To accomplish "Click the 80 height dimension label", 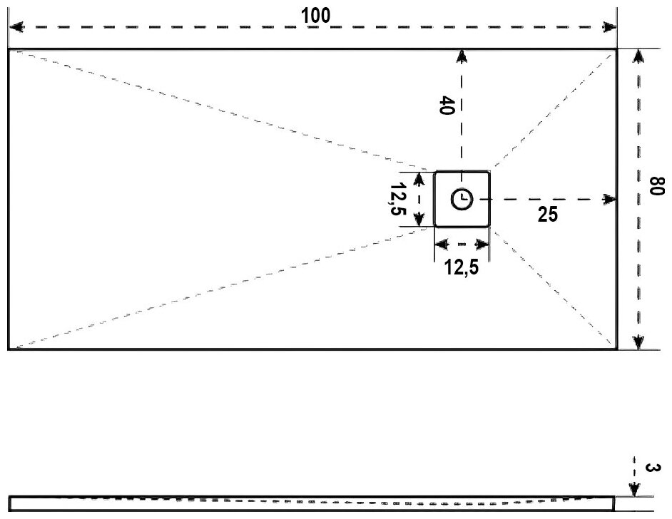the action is tap(654, 190).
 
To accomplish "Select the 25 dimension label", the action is tap(548, 214).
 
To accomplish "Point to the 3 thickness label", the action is tap(651, 468).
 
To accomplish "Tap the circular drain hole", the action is tap(462, 199).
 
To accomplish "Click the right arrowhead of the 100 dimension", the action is tap(610, 27).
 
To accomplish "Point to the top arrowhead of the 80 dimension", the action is tap(638, 56).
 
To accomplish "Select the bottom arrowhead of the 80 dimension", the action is tap(638, 343).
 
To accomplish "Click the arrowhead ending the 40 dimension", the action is tap(462, 56).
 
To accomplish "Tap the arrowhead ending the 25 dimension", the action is tap(610, 199).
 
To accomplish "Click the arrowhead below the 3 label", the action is tap(633, 490).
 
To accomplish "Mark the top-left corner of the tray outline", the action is tap(8, 49).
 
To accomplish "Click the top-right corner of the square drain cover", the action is tap(489, 172).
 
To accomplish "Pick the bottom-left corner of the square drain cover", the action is tap(435, 227).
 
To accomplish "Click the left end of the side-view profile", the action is tap(9, 503).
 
